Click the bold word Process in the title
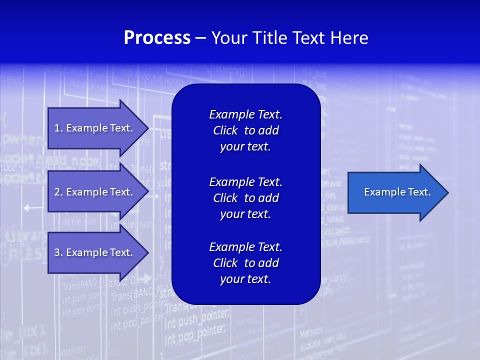[157, 38]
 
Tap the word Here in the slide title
[349, 38]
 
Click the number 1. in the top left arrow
[58, 128]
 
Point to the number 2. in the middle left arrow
[58, 192]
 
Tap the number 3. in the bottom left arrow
[58, 252]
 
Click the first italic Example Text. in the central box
[245, 114]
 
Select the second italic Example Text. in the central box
[245, 181]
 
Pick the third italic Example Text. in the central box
[245, 246]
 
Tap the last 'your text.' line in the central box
[245, 279]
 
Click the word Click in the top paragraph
[225, 130]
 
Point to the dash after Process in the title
[200, 38]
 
